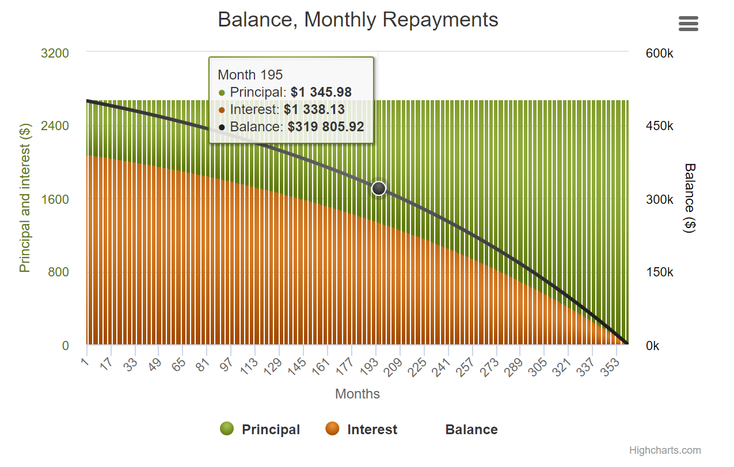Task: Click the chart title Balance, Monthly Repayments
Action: [358, 20]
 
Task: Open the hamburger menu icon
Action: [688, 24]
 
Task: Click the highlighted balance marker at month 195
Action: [378, 188]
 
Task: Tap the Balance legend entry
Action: [471, 430]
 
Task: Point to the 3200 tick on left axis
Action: [55, 54]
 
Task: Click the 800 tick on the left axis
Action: [58, 272]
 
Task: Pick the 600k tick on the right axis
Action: [659, 54]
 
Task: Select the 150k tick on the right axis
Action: [659, 272]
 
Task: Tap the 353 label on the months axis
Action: [611, 366]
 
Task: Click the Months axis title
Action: [358, 394]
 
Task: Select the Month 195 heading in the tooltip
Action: [250, 74]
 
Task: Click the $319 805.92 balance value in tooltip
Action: [326, 127]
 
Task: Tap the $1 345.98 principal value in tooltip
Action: [321, 92]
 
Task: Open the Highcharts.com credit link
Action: [665, 450]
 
